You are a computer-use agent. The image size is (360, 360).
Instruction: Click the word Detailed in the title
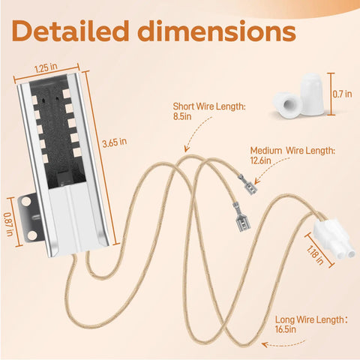pos(70,31)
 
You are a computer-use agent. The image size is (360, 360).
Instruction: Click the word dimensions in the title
pos(217,31)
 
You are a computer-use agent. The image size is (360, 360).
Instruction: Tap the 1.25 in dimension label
pos(46,68)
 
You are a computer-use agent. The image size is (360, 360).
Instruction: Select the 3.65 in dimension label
pos(115,142)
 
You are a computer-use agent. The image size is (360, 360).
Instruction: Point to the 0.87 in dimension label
pos(9,224)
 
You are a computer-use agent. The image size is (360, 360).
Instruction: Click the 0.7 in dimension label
pos(342,94)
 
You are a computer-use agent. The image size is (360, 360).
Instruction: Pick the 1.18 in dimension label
pos(316,254)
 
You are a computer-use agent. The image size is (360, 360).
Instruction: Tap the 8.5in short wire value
pos(182,116)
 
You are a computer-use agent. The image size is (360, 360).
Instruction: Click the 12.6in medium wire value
pos(260,160)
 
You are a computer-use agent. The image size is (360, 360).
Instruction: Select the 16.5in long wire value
pos(286,329)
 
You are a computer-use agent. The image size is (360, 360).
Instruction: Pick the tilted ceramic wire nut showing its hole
pos(287,105)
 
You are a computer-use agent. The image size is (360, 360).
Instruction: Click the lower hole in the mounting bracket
pos(31,235)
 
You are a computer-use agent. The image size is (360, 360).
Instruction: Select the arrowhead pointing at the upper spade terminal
pos(257,181)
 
